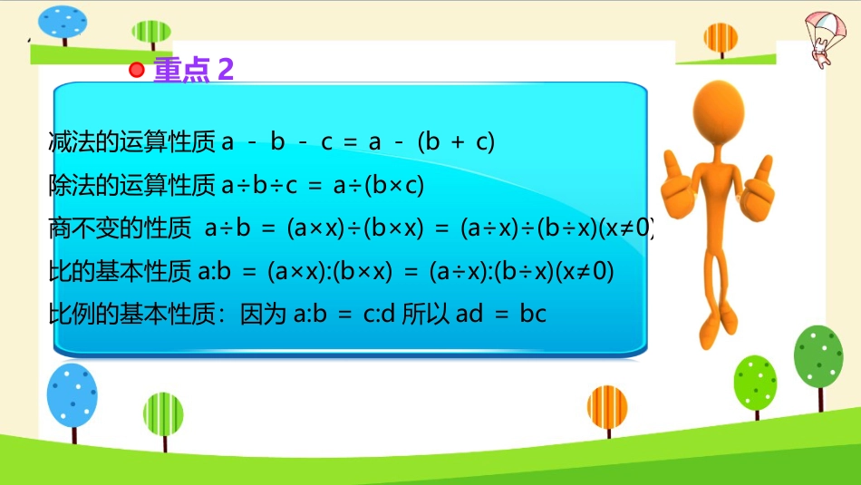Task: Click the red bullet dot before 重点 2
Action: point(136,70)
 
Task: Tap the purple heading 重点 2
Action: point(193,70)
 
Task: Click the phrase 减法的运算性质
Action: point(131,141)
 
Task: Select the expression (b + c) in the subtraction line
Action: point(456,141)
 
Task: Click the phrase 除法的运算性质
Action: point(131,185)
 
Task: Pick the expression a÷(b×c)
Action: point(378,185)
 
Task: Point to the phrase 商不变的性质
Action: point(120,228)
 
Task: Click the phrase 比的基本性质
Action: point(120,271)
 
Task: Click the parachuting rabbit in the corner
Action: point(825,38)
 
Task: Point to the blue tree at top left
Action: point(63,25)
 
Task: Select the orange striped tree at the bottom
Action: point(607,411)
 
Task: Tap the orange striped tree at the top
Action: point(721,40)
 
